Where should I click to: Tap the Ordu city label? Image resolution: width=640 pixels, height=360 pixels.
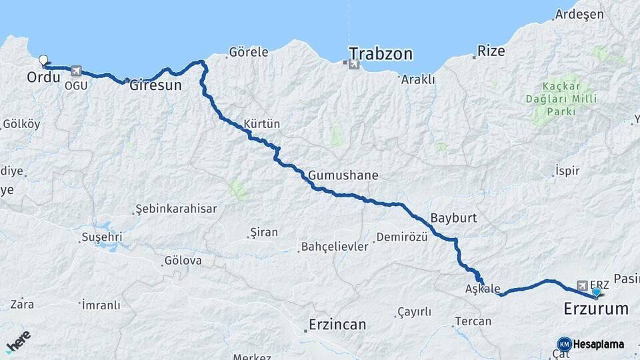coord(44,78)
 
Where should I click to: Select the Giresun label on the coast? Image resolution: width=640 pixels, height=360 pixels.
coord(155,85)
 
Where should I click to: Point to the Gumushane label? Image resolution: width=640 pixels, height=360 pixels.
coord(343,176)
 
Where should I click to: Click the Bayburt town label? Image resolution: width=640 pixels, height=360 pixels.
coord(451,218)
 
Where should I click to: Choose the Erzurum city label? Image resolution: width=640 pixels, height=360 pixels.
coord(596,309)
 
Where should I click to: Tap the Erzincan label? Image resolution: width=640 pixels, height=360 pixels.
coord(337,325)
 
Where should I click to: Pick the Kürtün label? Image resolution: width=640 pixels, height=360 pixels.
coord(262,124)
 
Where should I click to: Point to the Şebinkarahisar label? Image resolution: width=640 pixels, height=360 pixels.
coord(176,209)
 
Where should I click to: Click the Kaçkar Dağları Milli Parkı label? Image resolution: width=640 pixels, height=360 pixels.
coord(561,99)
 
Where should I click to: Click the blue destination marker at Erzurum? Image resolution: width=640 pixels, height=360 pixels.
coord(596,292)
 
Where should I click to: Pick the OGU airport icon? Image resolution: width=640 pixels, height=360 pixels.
coord(75,71)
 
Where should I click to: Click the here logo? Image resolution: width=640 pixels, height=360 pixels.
coord(18,341)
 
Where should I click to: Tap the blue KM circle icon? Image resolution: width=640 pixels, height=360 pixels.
coord(564,344)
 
